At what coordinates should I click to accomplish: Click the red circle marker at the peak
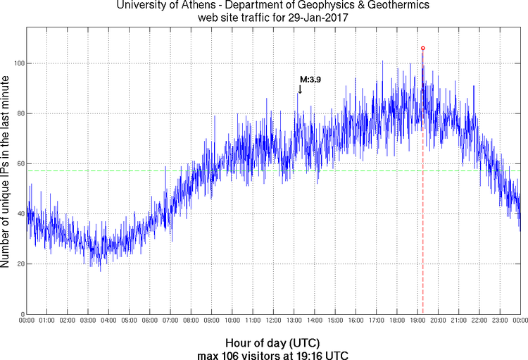click(x=422, y=48)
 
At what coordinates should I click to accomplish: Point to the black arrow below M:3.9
click(x=300, y=89)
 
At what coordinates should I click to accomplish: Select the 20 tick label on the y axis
click(x=19, y=264)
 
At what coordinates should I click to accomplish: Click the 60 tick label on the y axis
click(x=19, y=163)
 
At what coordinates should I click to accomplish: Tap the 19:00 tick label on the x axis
click(x=417, y=321)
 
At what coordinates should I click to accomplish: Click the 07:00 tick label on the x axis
click(x=170, y=321)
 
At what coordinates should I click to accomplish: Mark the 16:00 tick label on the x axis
click(x=356, y=321)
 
